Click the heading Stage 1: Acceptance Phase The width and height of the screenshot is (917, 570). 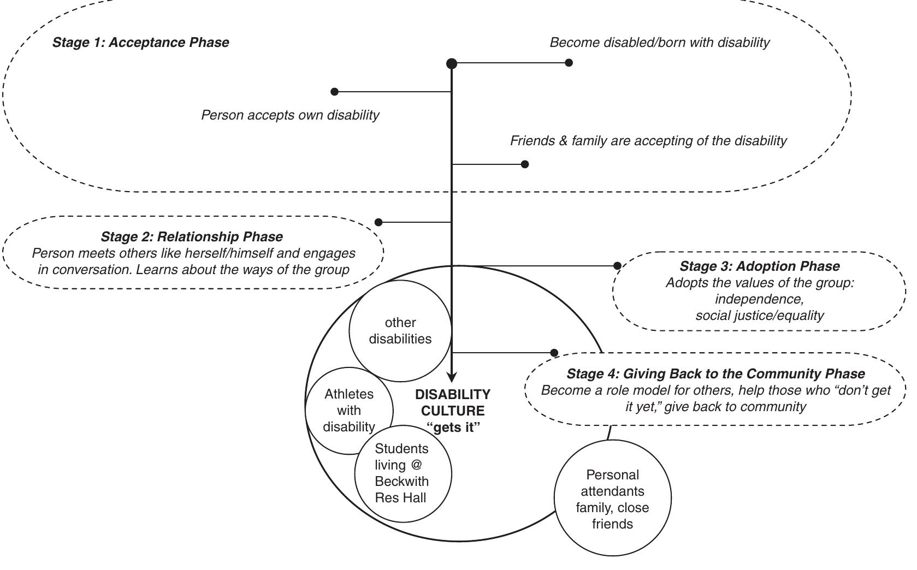(140, 43)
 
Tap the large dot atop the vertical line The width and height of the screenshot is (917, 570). (452, 63)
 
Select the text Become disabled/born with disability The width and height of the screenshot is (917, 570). (659, 43)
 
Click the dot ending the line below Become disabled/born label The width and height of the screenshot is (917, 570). (569, 63)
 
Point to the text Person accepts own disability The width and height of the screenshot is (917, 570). (290, 115)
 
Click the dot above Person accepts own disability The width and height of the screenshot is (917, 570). (335, 92)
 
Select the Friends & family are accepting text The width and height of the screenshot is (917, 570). (648, 141)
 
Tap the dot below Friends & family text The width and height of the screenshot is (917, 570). (525, 164)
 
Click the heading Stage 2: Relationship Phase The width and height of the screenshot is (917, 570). (192, 237)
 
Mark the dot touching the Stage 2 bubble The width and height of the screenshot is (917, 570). (378, 222)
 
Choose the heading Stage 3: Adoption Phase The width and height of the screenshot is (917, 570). (759, 266)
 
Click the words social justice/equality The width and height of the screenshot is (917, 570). (759, 316)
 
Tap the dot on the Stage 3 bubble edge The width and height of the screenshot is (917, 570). (617, 266)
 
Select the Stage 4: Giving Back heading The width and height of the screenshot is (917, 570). (715, 374)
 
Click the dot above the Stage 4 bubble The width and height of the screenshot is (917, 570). (554, 353)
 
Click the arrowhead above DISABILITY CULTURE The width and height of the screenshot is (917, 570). (452, 377)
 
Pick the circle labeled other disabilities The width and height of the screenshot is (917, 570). (400, 331)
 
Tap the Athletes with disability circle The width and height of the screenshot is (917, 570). (348, 410)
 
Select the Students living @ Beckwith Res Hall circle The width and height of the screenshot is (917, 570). (403, 473)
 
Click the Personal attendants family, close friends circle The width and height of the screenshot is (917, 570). (612, 499)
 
